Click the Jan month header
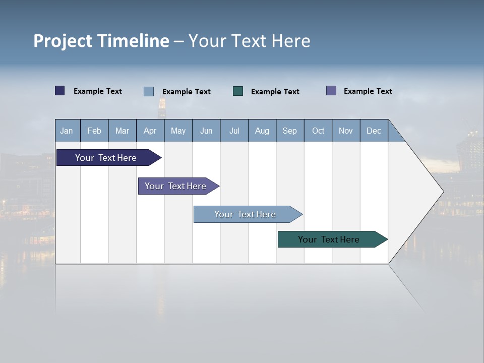[67, 131]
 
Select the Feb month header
[94, 131]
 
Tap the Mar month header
[122, 131]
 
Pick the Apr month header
[150, 131]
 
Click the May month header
[178, 131]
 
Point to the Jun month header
[206, 131]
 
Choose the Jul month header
[234, 131]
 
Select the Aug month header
[262, 131]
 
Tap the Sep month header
[290, 131]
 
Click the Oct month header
[318, 131]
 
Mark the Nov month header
[346, 131]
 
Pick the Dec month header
[374, 131]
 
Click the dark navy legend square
[60, 91]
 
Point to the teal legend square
[238, 91]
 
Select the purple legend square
[331, 91]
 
